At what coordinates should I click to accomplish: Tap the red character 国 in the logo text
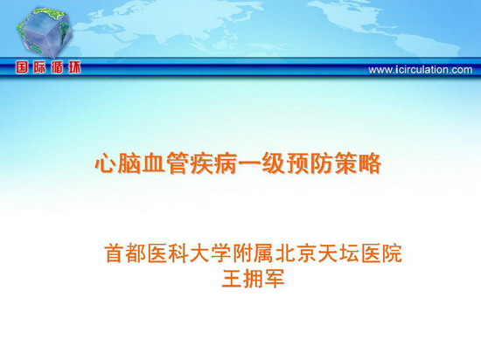pos(22,67)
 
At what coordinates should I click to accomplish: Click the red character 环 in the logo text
pos(74,67)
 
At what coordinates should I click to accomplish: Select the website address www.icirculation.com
pos(421,70)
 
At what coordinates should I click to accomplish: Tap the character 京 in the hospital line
pos(307,253)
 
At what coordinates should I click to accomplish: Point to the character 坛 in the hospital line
pos(350,253)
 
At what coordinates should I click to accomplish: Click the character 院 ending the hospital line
pos(392,253)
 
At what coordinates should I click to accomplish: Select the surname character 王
pos(232,278)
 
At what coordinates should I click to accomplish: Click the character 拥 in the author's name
pos(253,278)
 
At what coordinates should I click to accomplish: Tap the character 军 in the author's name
pos(275,278)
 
